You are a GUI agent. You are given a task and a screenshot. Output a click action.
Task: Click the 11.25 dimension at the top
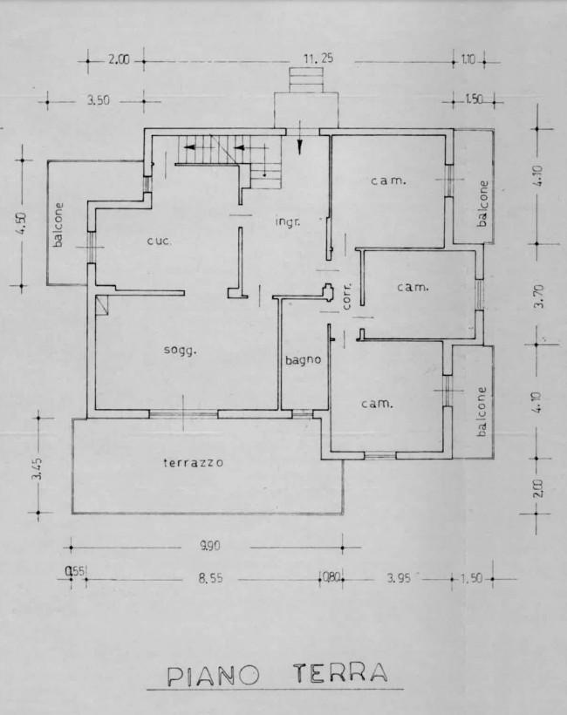pyautogui.click(x=318, y=58)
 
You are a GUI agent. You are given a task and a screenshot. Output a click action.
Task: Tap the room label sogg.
pyautogui.click(x=181, y=351)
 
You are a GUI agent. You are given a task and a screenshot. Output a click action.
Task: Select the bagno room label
pyautogui.click(x=303, y=360)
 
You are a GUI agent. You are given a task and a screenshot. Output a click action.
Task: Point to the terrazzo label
pyautogui.click(x=194, y=462)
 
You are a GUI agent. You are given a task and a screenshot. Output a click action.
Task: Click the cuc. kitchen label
pyautogui.click(x=160, y=241)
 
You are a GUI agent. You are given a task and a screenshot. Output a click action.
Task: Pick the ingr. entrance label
pyautogui.click(x=288, y=222)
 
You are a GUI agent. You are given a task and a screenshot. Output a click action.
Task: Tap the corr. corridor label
pyautogui.click(x=347, y=296)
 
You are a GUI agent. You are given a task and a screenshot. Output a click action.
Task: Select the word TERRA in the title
pyautogui.click(x=340, y=673)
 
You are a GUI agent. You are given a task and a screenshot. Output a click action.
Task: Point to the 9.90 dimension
pyautogui.click(x=210, y=545)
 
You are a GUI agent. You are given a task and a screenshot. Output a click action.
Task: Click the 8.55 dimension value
pyautogui.click(x=211, y=578)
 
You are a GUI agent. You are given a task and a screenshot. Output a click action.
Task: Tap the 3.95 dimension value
pyautogui.click(x=399, y=578)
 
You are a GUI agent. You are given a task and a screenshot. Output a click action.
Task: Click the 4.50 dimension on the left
pyautogui.click(x=23, y=223)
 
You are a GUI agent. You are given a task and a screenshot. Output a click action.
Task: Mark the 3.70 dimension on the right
pyautogui.click(x=539, y=296)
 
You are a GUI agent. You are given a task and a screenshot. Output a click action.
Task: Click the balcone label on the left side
pyautogui.click(x=58, y=224)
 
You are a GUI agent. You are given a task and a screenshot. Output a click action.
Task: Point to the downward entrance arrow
pyautogui.click(x=300, y=138)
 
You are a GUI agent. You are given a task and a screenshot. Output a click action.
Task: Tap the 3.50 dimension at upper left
pyautogui.click(x=99, y=100)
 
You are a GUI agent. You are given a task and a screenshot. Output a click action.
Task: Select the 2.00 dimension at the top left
pyautogui.click(x=119, y=60)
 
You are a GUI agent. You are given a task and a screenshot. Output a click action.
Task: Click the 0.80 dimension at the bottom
pyautogui.click(x=330, y=578)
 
